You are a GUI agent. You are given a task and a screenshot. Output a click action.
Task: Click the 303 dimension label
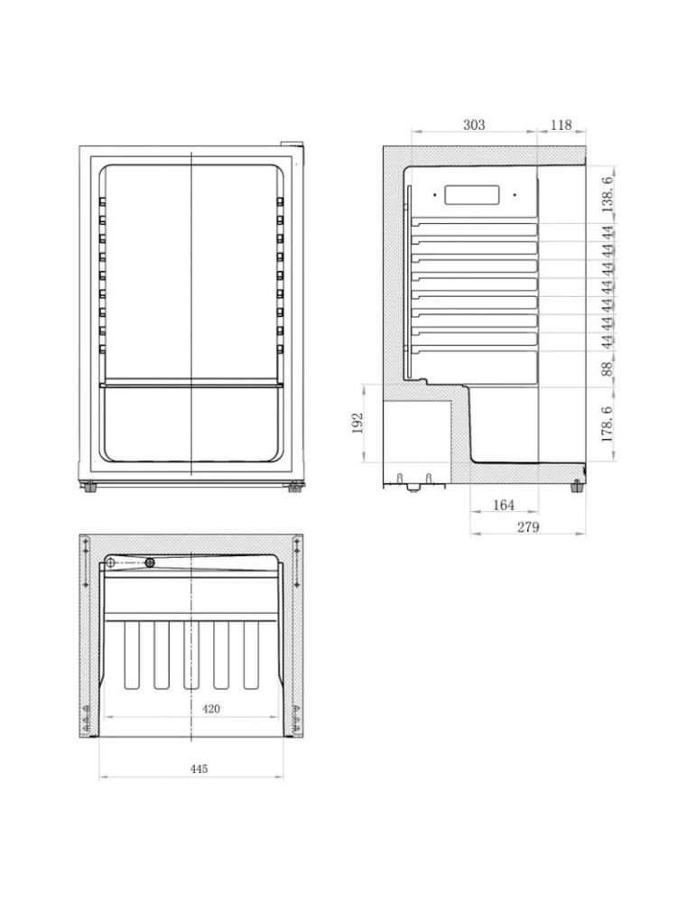coord(474,126)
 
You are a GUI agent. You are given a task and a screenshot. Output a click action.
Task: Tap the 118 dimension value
coord(561,126)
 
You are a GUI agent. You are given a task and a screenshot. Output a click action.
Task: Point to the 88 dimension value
coord(608,368)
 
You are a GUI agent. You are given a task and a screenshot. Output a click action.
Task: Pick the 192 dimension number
coord(357,423)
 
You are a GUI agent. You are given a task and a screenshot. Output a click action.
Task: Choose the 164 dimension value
coord(504,506)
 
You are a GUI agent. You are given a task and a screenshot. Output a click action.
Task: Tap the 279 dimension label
coord(528,527)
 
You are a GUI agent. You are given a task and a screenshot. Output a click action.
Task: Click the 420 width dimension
coord(210,709)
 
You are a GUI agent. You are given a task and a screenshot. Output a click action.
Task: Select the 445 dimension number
coord(200,768)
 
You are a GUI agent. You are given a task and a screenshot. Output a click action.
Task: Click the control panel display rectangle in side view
coord(473,194)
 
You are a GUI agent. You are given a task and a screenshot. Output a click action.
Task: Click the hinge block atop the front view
coord(291,144)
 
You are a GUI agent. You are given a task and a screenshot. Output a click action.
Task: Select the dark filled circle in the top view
coord(150,563)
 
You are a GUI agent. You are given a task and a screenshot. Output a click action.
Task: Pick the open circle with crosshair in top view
coord(111,563)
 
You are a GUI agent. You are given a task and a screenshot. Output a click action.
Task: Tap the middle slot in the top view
coord(191,655)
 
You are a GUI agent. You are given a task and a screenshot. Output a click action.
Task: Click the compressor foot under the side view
coord(414,487)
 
